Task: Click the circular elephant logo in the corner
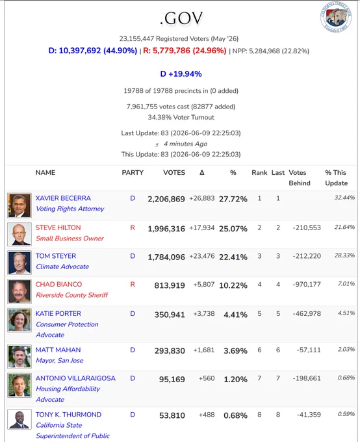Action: (336, 17)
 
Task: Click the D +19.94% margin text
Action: (181, 74)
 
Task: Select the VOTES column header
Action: (174, 172)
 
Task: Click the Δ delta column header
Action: (202, 172)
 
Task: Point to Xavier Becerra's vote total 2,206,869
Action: (166, 199)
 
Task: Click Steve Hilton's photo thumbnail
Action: (19, 234)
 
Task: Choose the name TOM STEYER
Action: (56, 256)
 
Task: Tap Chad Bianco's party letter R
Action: (133, 284)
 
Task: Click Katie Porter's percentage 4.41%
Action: (235, 315)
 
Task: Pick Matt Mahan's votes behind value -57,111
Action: (309, 350)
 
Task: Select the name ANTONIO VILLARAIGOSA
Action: (75, 378)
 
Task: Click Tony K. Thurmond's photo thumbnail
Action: (19, 420)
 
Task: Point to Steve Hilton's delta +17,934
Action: (202, 227)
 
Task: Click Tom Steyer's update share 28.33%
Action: (344, 255)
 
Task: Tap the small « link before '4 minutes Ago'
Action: (157, 144)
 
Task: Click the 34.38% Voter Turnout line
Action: (181, 117)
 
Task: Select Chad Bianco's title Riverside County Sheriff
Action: (72, 295)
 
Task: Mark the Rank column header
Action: (259, 172)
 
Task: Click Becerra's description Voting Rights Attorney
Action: (70, 209)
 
